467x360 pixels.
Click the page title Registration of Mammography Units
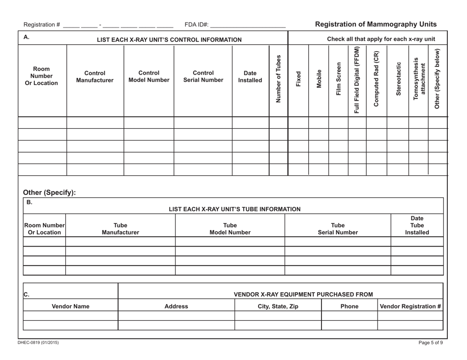click(x=376, y=24)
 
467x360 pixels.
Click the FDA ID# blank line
click(x=248, y=25)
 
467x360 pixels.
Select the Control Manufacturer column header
click(x=95, y=76)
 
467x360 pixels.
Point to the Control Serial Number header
click(x=203, y=76)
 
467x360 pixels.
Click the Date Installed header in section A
click(x=250, y=76)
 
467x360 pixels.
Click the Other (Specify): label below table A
click(x=49, y=193)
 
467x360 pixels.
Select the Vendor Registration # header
click(x=410, y=306)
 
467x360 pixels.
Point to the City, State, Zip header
click(x=278, y=306)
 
